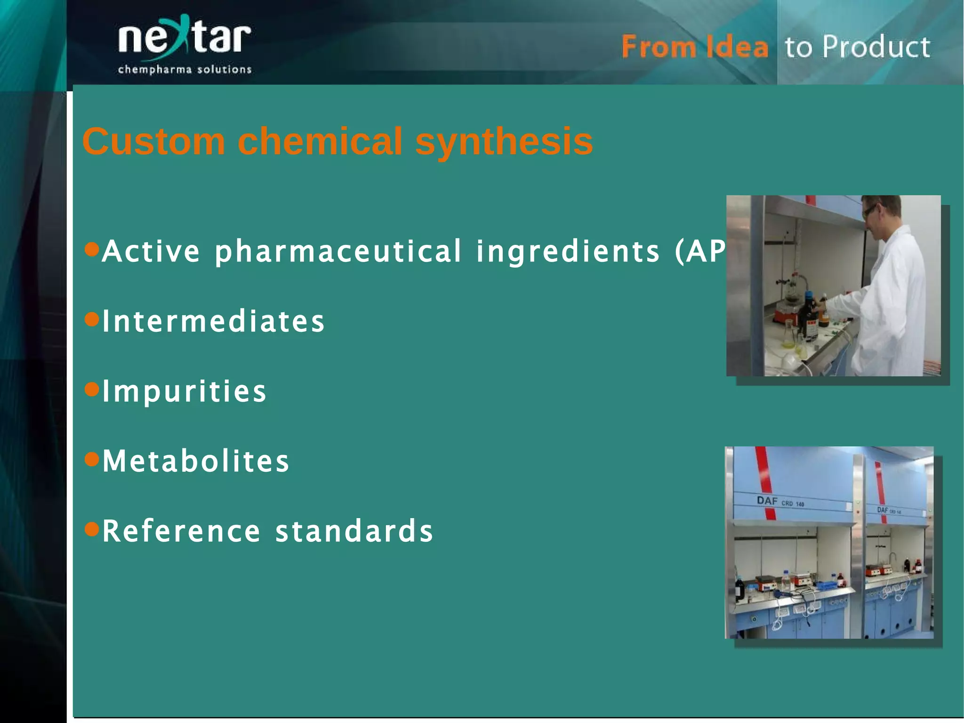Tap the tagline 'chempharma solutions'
pyautogui.click(x=185, y=70)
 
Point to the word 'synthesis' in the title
pyautogui.click(x=504, y=141)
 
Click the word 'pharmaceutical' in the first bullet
pyautogui.click(x=338, y=251)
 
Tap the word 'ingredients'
pyautogui.click(x=568, y=251)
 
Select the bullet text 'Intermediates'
pyautogui.click(x=213, y=321)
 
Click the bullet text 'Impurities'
pyautogui.click(x=184, y=391)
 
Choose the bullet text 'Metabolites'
pyautogui.click(x=195, y=461)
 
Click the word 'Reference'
pyautogui.click(x=181, y=531)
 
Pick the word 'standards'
pyautogui.click(x=354, y=531)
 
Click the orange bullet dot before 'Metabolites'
pyautogui.click(x=92, y=458)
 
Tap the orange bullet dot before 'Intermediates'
pyautogui.click(x=92, y=319)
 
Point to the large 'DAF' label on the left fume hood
pyautogui.click(x=767, y=501)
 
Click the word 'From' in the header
pyautogui.click(x=658, y=48)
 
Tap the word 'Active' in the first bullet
pyautogui.click(x=151, y=251)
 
